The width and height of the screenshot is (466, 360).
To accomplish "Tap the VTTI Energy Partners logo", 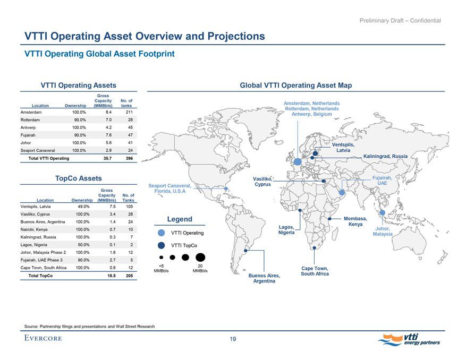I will click(x=410, y=338).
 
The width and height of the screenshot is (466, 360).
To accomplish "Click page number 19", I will click(x=233, y=340).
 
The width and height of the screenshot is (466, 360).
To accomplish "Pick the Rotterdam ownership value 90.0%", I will click(x=79, y=120).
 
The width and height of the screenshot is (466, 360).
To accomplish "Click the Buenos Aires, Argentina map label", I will click(x=264, y=279).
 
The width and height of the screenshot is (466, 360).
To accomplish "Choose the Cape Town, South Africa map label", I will click(x=315, y=271).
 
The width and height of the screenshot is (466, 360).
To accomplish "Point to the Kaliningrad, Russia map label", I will click(x=385, y=156).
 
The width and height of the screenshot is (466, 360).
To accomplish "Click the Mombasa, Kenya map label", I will click(x=355, y=221).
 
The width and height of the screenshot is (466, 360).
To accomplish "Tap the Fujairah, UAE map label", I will click(x=382, y=181).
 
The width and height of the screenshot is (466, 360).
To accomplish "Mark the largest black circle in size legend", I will click(x=200, y=257).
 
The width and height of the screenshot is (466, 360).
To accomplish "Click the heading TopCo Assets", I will click(x=79, y=178).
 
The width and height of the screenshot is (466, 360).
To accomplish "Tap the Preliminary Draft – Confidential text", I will click(x=400, y=21).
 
